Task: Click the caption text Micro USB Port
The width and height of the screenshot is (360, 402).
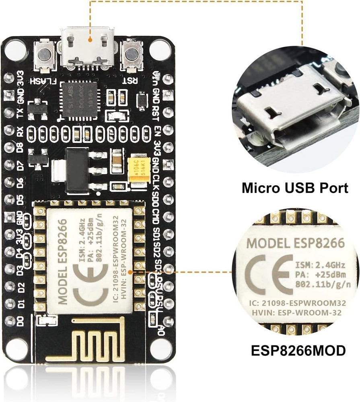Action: pyautogui.click(x=295, y=188)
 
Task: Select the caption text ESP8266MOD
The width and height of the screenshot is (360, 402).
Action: pyautogui.click(x=298, y=351)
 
